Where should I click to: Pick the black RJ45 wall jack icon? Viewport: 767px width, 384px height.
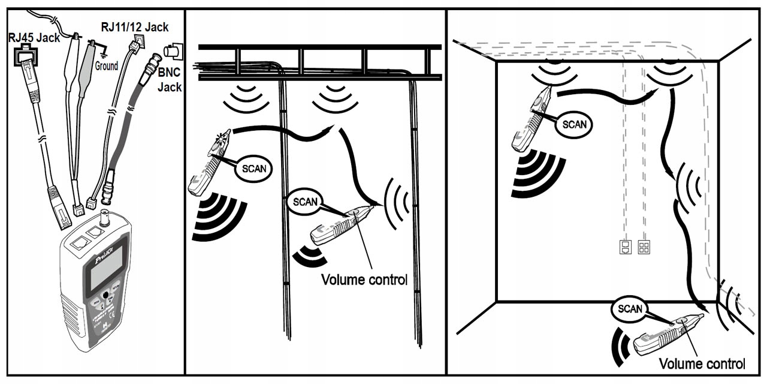[24, 58]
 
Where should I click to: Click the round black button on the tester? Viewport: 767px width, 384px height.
[107, 295]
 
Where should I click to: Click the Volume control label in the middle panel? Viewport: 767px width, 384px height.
[364, 280]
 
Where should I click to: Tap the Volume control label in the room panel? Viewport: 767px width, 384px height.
[702, 363]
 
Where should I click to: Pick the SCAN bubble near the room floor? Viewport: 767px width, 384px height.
[630, 310]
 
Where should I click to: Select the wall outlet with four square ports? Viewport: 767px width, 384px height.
[644, 247]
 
